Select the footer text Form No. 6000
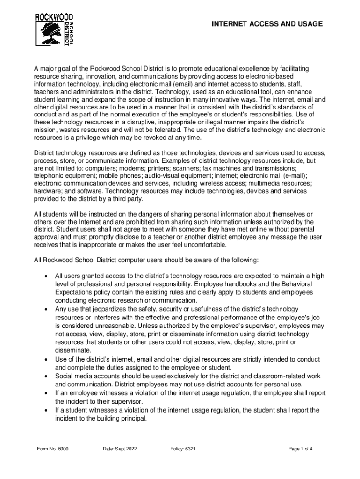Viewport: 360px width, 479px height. tap(53, 449)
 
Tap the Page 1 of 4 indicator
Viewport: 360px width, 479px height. tap(300, 449)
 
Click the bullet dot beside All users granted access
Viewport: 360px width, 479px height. tap(45, 276)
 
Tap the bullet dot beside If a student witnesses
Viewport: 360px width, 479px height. tap(45, 410)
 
